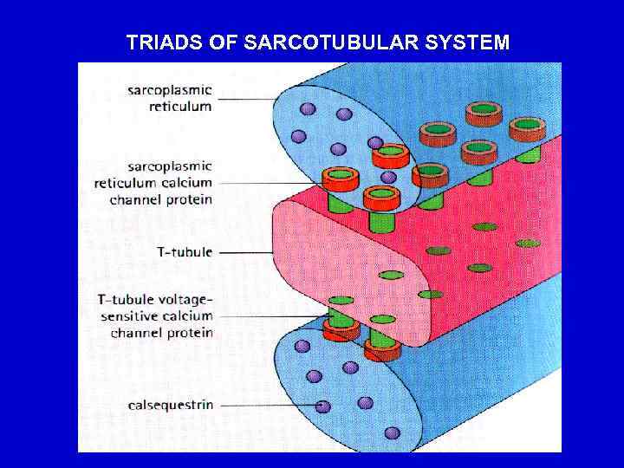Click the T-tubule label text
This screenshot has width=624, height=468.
[185, 251]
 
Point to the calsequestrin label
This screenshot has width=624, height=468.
[171, 405]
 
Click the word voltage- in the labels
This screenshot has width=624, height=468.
[184, 300]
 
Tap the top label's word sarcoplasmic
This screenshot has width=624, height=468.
[170, 90]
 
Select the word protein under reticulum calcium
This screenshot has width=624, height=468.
[191, 199]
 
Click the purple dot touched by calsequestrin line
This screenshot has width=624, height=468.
[322, 406]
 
